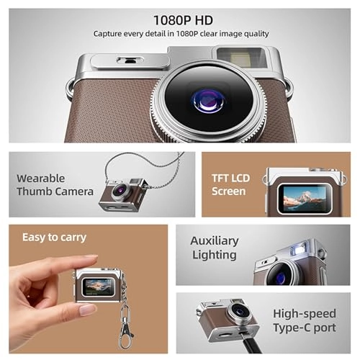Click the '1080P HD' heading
(x=183, y=20)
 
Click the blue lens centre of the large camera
(x=208, y=101)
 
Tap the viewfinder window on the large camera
(x=242, y=58)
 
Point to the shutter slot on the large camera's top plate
(x=129, y=60)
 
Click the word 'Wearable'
(x=41, y=179)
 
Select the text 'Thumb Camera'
(x=55, y=192)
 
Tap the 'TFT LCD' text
(x=230, y=179)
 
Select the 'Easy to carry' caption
(x=54, y=238)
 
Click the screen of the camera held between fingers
(x=99, y=287)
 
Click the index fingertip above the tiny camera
(x=91, y=258)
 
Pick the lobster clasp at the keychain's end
(x=125, y=334)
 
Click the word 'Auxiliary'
(x=215, y=240)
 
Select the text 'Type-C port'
(x=305, y=328)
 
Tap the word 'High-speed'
(x=305, y=314)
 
